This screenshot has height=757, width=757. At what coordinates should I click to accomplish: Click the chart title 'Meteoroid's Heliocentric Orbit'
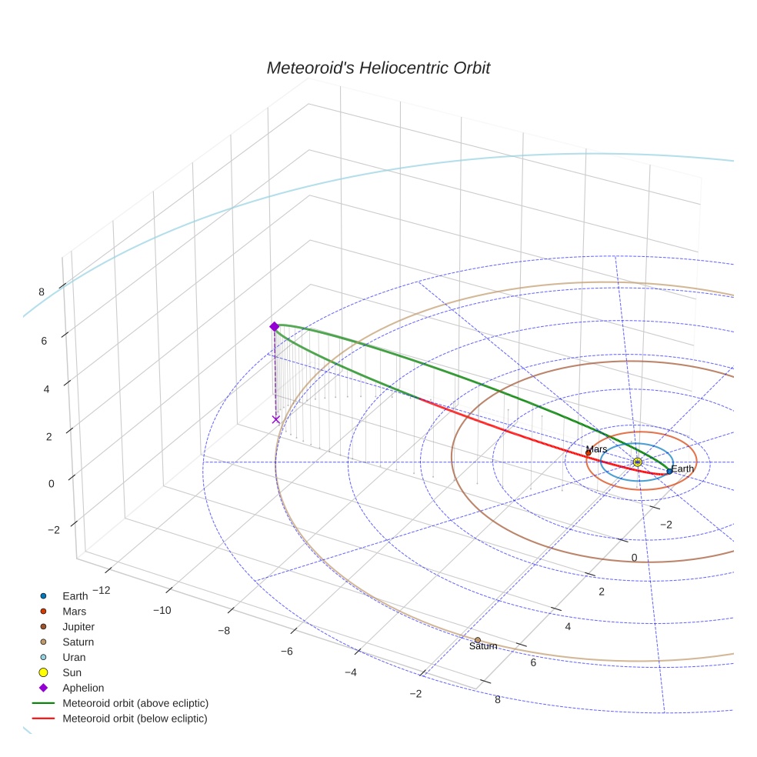[378, 68]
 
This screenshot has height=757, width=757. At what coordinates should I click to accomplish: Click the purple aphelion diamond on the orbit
[274, 327]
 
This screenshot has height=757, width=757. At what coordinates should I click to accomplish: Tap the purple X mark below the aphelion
[275, 419]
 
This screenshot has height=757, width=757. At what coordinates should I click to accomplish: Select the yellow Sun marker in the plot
[637, 462]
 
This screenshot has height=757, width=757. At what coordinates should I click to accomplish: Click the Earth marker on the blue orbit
[669, 471]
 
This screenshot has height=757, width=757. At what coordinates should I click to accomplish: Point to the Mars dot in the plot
[589, 453]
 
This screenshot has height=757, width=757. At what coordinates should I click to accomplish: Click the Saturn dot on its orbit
[478, 639]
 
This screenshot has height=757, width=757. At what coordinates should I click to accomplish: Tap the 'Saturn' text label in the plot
[483, 647]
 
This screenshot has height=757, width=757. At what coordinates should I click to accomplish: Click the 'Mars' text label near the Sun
[596, 449]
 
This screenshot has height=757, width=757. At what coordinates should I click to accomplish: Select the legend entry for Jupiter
[78, 626]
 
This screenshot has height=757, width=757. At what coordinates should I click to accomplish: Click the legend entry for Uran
[74, 657]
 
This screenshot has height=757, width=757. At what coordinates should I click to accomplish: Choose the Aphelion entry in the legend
[83, 688]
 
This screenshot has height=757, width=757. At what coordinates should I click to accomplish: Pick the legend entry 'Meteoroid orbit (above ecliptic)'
[135, 703]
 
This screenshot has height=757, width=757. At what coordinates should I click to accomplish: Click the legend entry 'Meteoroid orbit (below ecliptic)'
[135, 719]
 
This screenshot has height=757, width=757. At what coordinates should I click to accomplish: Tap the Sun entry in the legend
[72, 672]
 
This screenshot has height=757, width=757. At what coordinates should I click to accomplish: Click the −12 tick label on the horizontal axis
[101, 590]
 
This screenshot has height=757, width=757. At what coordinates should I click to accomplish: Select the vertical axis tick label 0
[51, 484]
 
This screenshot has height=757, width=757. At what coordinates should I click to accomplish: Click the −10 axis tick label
[162, 610]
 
